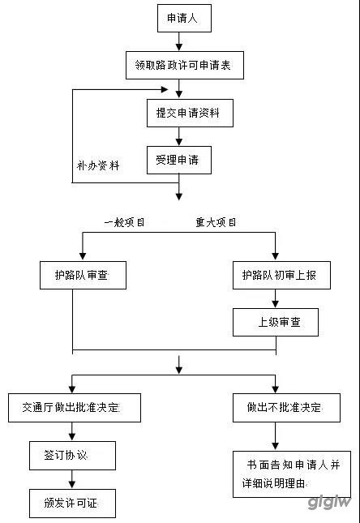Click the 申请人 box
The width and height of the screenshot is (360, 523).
(184, 19)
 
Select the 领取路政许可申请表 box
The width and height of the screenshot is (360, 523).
(185, 66)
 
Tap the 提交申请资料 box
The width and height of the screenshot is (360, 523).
(190, 113)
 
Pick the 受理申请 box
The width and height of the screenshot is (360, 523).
(179, 160)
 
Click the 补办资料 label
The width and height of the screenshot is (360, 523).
(98, 165)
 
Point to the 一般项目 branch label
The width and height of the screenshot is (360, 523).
(124, 222)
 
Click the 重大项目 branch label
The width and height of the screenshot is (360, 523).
(216, 222)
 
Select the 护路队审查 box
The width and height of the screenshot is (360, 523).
(83, 275)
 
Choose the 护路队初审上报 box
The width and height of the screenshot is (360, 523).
(281, 275)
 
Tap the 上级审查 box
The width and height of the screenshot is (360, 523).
(276, 322)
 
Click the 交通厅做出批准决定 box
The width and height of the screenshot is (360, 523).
(75, 408)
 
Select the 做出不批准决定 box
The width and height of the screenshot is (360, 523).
(286, 408)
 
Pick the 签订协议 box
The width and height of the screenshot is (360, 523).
(72, 456)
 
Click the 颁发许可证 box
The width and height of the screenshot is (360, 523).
(72, 504)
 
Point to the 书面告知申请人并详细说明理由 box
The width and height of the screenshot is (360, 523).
(292, 474)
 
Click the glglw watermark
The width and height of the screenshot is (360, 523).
(329, 502)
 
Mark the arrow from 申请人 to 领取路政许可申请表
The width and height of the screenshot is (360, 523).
(179, 41)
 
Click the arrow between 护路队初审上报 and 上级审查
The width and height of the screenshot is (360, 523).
(275, 298)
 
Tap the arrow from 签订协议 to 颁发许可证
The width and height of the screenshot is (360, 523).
(72, 480)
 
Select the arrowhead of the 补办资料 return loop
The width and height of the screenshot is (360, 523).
(165, 89)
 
